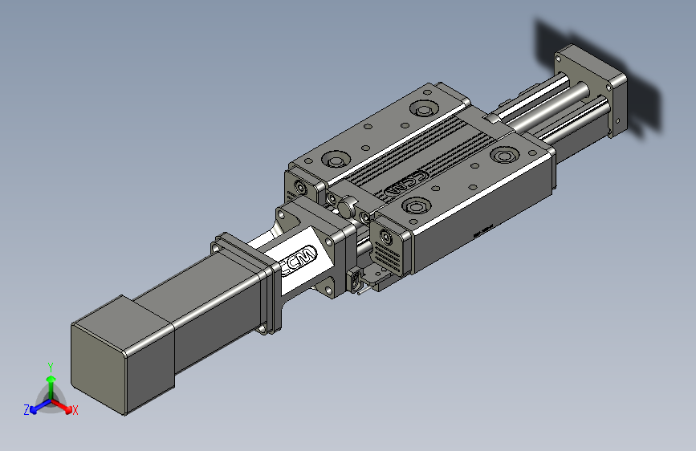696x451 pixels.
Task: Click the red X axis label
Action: click(x=75, y=411)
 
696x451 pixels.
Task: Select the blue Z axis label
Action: click(x=26, y=409)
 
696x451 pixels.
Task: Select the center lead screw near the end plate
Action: click(x=554, y=95)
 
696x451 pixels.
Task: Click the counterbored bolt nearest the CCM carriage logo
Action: click(x=417, y=207)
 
